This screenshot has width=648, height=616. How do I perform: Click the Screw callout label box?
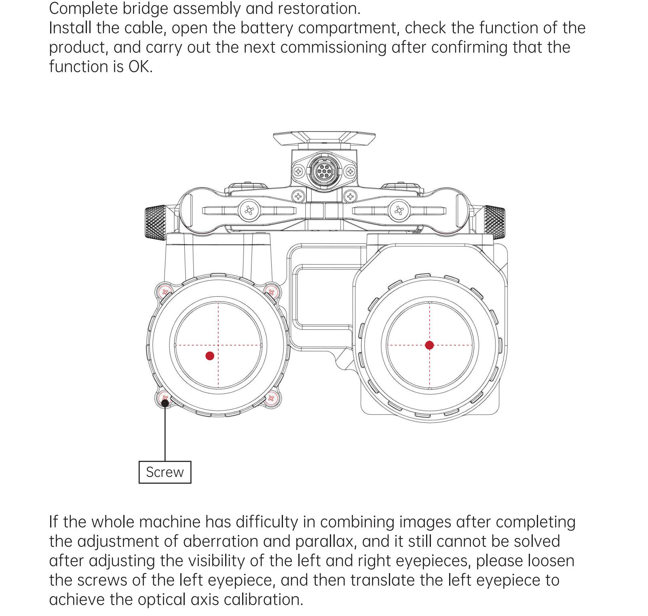tap(165, 472)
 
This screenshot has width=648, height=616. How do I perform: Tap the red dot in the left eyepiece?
tap(210, 356)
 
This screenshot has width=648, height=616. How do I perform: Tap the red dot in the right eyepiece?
tap(429, 345)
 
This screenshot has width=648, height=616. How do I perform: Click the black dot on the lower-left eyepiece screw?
tap(165, 402)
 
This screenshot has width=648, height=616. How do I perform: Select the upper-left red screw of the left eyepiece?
tap(165, 291)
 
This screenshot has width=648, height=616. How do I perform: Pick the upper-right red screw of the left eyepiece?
tap(271, 291)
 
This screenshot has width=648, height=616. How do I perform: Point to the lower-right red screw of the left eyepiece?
tap(271, 398)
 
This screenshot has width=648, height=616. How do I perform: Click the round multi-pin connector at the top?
tap(323, 171)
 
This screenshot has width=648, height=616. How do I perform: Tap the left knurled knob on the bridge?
tap(156, 222)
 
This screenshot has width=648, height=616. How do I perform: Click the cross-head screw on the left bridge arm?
tap(249, 211)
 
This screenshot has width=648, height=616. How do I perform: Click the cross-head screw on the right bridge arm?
tap(399, 211)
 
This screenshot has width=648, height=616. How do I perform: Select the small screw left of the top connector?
tap(298, 171)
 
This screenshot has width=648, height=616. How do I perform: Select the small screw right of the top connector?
tap(350, 171)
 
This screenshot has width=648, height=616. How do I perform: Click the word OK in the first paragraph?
tap(140, 67)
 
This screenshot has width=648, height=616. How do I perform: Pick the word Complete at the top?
tap(84, 9)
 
